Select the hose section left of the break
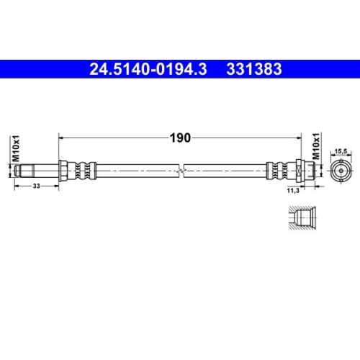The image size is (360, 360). (x=137, y=171)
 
